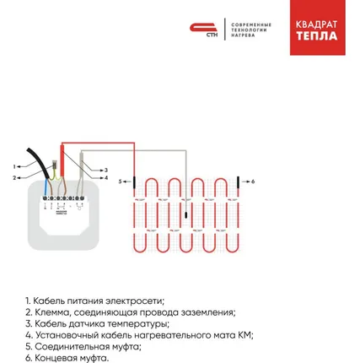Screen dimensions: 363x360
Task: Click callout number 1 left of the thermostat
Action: tap(14, 165)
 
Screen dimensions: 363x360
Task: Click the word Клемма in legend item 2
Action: tap(51, 312)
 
